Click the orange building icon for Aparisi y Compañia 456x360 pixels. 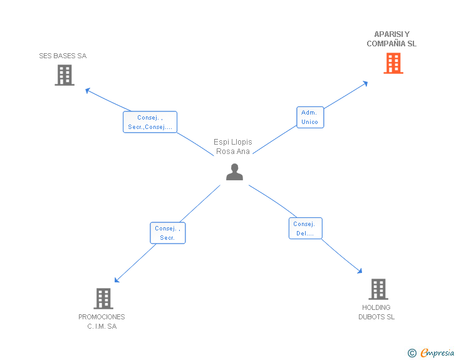(x=393, y=63)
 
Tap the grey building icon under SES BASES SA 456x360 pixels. (x=64, y=75)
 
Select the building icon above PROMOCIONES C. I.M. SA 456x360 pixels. (x=103, y=299)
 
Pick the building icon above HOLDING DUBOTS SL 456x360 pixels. (x=378, y=289)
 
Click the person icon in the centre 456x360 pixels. (x=234, y=172)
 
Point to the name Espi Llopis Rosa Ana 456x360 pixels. (x=233, y=147)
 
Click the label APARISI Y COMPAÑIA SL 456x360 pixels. (x=391, y=39)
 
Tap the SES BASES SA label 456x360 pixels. (x=63, y=56)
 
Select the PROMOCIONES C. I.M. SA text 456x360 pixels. (x=101, y=321)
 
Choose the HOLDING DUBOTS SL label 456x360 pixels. (x=376, y=312)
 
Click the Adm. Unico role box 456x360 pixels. (x=309, y=117)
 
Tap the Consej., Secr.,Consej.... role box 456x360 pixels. (x=150, y=122)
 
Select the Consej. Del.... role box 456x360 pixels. (x=306, y=229)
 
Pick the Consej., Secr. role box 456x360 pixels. (x=167, y=233)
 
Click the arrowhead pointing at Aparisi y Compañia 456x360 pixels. (x=365, y=83)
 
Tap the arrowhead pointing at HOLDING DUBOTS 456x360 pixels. (x=359, y=270)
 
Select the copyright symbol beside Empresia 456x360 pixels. (x=412, y=353)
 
